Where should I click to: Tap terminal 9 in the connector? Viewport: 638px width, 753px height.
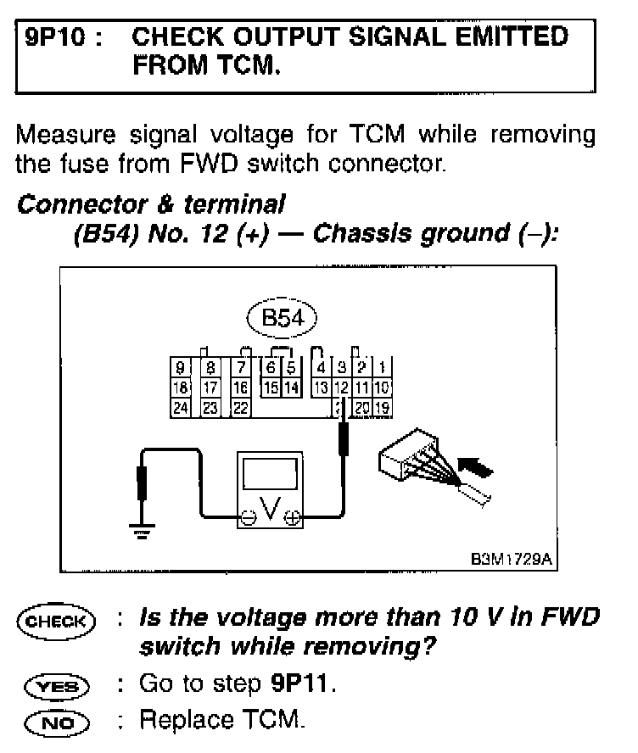180,368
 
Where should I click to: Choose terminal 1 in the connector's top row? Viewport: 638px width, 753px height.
382,368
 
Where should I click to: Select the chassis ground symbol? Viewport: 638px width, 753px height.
139,529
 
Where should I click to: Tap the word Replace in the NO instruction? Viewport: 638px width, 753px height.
181,721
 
